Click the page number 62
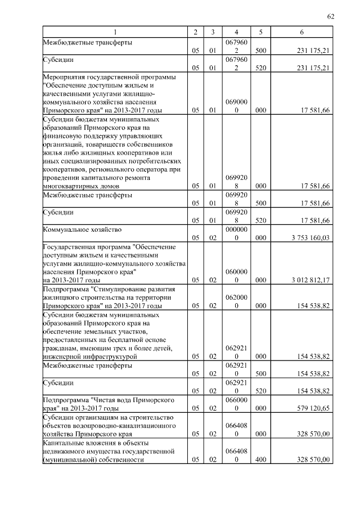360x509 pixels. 331,16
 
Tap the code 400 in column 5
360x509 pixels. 260,460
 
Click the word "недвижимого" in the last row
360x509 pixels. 62,452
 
